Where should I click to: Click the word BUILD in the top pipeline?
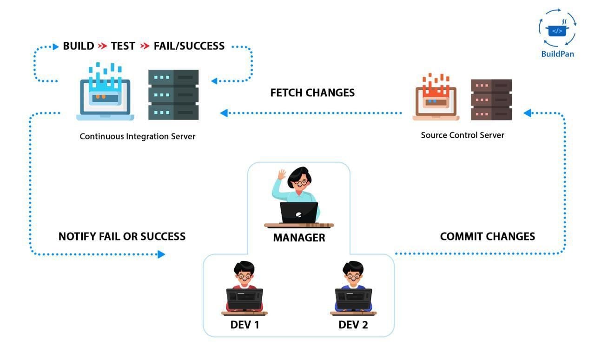[x=79, y=46]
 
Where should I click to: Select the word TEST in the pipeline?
[x=123, y=46]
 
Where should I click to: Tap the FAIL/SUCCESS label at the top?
[x=189, y=46]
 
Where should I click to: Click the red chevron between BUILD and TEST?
[x=103, y=46]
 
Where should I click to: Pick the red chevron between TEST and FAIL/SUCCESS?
[x=145, y=46]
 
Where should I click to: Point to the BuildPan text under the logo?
[x=557, y=54]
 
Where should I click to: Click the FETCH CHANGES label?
[x=312, y=93]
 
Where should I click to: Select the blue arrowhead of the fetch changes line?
[x=224, y=113]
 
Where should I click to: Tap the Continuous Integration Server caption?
[x=137, y=136]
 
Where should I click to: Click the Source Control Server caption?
[x=463, y=135]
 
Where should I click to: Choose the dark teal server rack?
[x=173, y=95]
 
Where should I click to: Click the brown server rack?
[x=491, y=100]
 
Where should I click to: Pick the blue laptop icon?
[x=105, y=92]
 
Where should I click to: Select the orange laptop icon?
[x=436, y=97]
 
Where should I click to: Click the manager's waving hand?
[x=282, y=175]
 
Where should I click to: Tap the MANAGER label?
[x=299, y=238]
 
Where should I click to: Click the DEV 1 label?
[x=245, y=325]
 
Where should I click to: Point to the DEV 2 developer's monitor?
[x=353, y=299]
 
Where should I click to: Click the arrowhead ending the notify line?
[x=161, y=254]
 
